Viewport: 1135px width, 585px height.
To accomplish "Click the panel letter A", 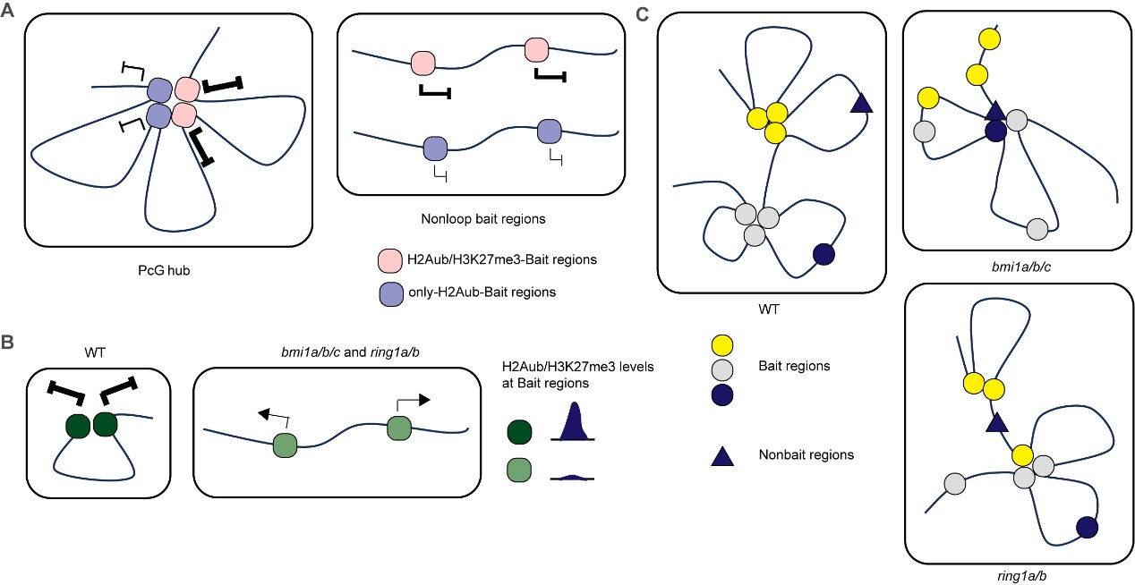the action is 7,11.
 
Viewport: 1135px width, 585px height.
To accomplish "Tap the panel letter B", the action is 7,342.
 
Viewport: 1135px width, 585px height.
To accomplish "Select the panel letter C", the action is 642,14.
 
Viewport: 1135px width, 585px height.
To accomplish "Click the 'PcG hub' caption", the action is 164,270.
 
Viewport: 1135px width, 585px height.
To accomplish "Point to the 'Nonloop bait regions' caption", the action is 482,219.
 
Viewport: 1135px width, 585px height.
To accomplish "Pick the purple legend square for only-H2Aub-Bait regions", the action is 391,293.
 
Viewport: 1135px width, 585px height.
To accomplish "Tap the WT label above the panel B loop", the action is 95,352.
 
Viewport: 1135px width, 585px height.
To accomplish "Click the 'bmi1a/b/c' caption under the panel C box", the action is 1021,267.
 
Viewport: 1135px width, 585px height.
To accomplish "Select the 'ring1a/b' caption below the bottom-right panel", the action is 1021,576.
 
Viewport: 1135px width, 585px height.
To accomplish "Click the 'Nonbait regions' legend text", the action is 806,454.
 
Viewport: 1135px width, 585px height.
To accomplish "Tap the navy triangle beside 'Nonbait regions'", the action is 722,456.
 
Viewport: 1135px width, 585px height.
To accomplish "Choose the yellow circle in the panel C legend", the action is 722,345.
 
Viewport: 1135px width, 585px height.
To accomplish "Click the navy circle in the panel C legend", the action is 722,395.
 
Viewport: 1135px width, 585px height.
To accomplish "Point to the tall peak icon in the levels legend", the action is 573,421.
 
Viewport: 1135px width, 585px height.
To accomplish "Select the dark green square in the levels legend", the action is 519,432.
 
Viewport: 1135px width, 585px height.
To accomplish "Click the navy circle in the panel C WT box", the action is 824,254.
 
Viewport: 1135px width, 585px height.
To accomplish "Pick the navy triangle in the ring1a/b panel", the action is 996,422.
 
